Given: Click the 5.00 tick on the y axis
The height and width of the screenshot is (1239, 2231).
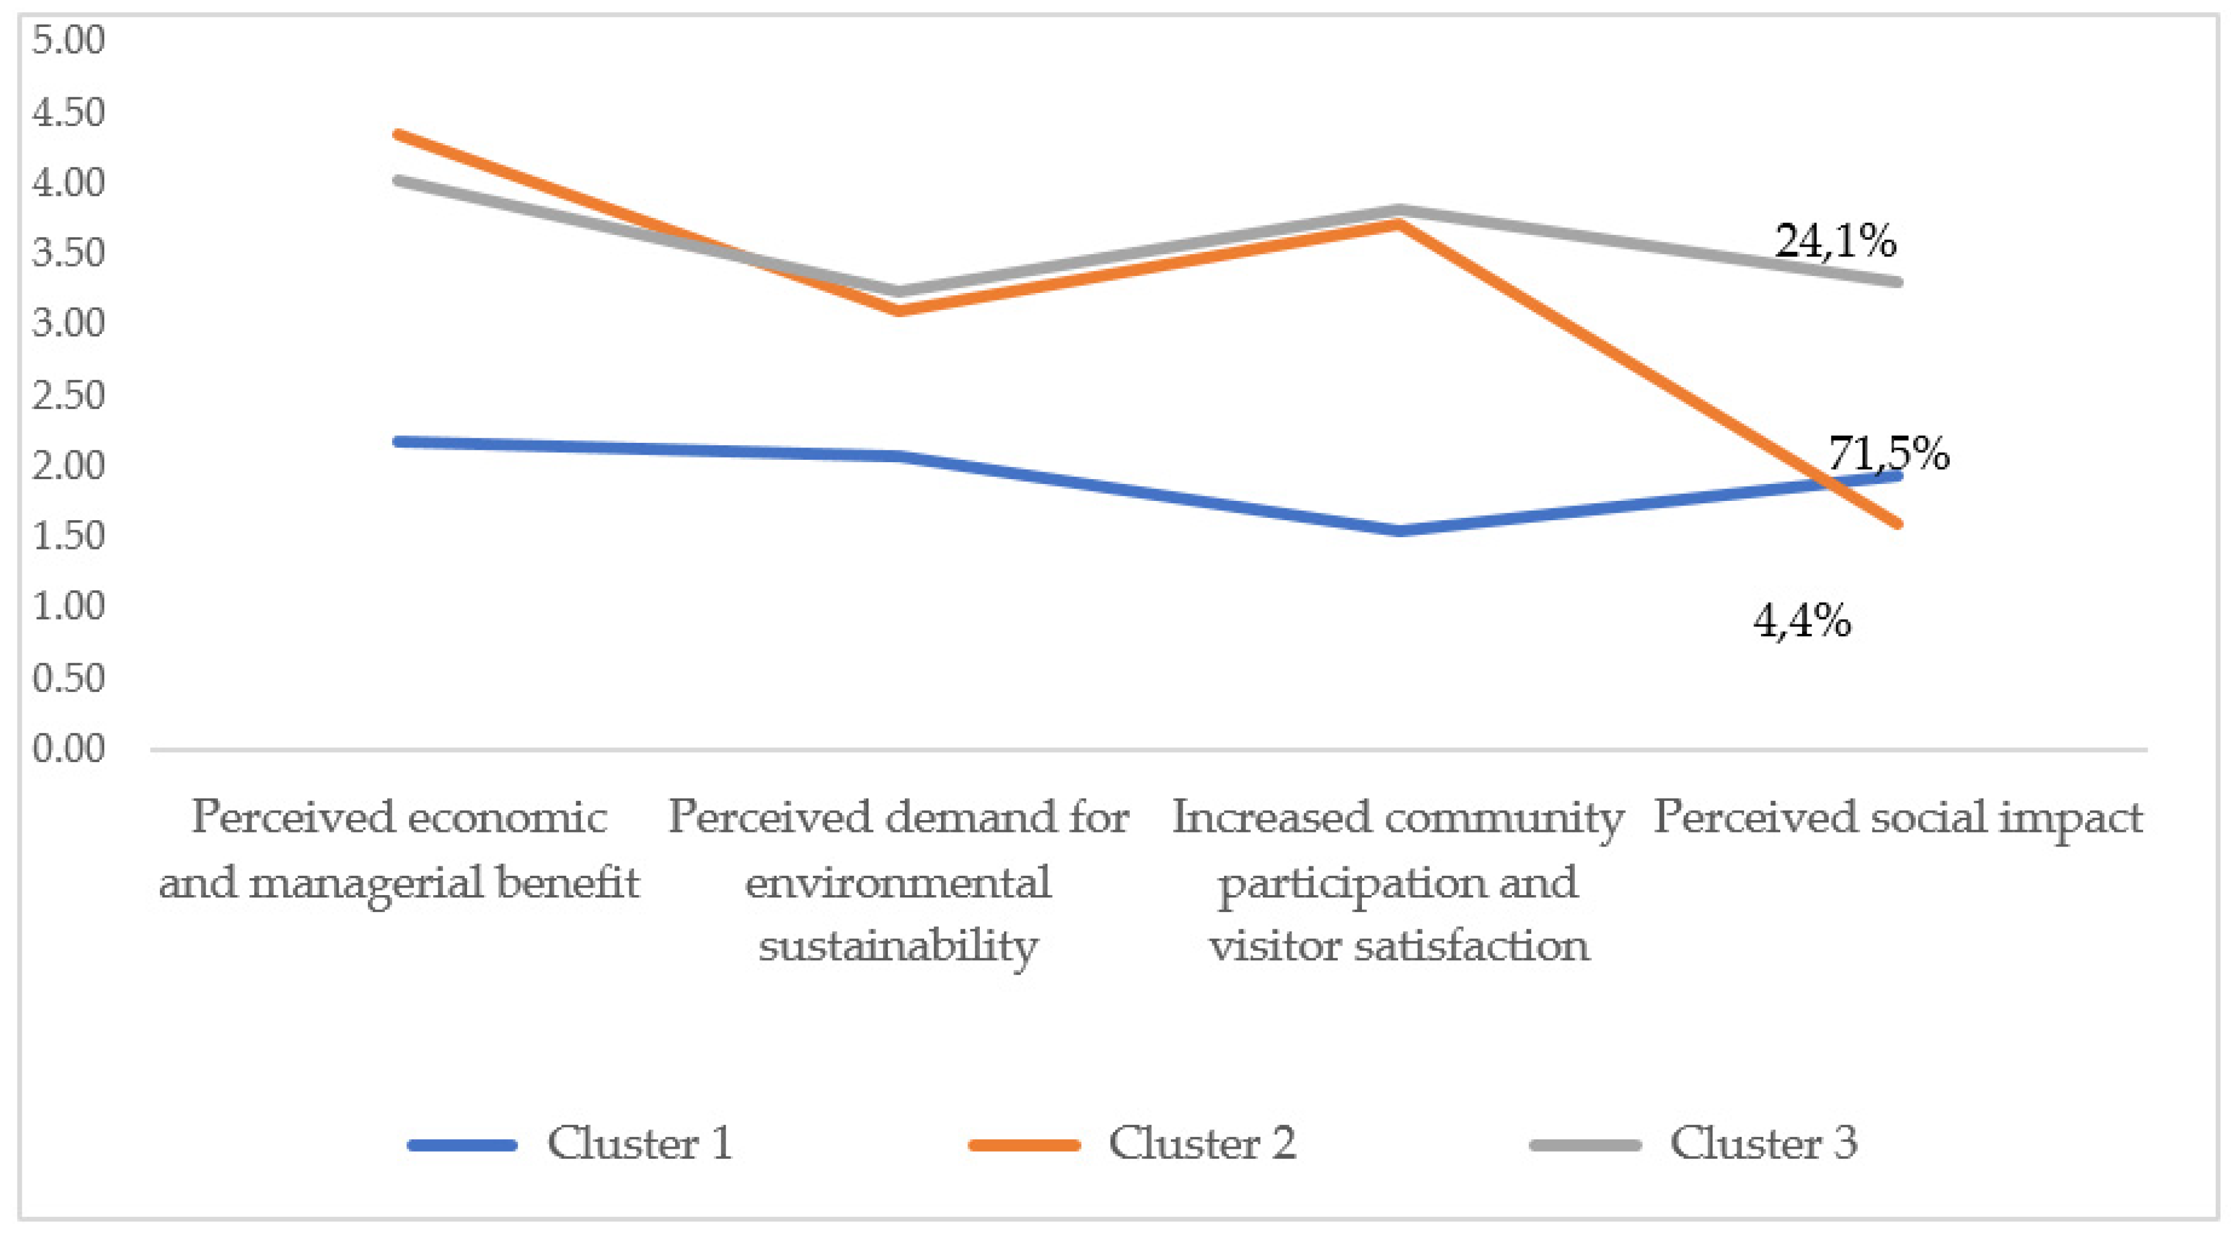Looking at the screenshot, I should tap(67, 40).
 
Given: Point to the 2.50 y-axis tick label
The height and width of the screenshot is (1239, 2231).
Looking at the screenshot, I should tap(67, 395).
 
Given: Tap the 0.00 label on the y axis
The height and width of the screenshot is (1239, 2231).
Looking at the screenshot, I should tap(67, 748).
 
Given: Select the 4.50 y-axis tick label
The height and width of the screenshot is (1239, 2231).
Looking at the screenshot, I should tap(67, 112).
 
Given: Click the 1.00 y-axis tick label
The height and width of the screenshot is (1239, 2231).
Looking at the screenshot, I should tap(67, 606).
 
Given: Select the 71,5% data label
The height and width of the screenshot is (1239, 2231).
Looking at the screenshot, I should tap(1889, 453).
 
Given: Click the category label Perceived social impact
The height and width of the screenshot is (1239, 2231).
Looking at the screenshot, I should tap(1898, 817).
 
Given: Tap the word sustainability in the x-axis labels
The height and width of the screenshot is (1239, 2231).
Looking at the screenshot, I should tap(898, 946).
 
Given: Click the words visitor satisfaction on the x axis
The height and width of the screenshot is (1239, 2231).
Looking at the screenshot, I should tap(1399, 946).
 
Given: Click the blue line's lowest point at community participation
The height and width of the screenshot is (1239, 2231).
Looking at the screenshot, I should tap(1399, 531).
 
